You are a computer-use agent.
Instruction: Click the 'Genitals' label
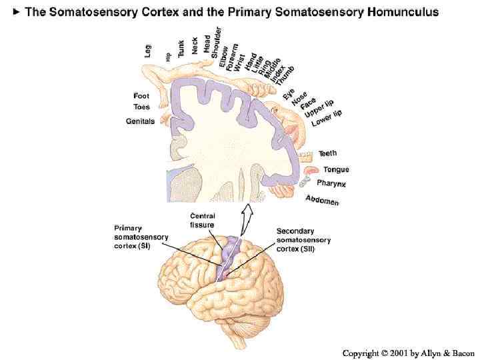[x=140, y=121]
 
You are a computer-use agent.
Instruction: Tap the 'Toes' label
[x=141, y=107]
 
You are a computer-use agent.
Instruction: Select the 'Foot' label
[x=141, y=96]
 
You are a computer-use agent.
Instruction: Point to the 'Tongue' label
[x=336, y=169]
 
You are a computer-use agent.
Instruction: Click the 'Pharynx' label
[x=331, y=183]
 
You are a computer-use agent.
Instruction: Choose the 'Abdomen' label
[x=322, y=200]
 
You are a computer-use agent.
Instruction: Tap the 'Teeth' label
[x=328, y=154]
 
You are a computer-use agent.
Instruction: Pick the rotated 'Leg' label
[x=148, y=50]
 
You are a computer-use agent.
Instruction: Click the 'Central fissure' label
[x=203, y=220]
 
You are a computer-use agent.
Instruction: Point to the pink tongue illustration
[x=311, y=171]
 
